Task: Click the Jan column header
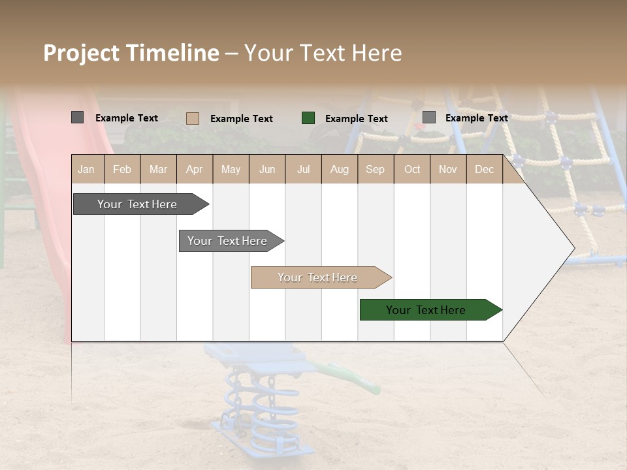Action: click(86, 169)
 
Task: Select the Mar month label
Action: click(158, 169)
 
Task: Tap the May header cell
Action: click(231, 169)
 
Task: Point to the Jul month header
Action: click(303, 169)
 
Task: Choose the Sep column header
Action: click(375, 169)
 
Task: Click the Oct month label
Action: click(412, 169)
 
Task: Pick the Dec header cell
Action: click(484, 169)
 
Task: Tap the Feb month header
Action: click(122, 169)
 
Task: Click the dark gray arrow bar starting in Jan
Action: click(137, 204)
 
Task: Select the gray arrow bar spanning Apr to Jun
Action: click(227, 241)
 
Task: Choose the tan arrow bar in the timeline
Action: click(317, 277)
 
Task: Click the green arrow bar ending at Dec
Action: click(426, 310)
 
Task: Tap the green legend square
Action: click(308, 118)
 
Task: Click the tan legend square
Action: click(193, 118)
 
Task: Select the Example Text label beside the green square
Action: click(356, 119)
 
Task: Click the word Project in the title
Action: click(82, 53)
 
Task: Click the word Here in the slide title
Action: click(377, 53)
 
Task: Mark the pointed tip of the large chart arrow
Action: click(573, 248)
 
